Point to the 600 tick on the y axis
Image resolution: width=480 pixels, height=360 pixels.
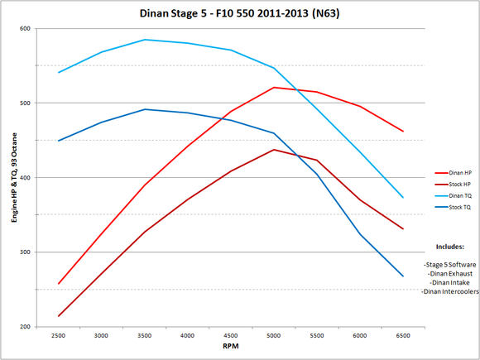pos(25,29)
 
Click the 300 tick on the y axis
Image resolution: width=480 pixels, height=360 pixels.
pos(25,252)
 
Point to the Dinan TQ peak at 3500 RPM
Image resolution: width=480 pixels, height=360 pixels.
pos(144,40)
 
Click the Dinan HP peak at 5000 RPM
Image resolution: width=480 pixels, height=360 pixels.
pos(273,87)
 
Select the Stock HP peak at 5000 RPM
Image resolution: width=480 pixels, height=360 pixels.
pos(273,150)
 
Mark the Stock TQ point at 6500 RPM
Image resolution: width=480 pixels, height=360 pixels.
pos(402,276)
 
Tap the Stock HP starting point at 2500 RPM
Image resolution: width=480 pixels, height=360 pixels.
pos(58,316)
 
